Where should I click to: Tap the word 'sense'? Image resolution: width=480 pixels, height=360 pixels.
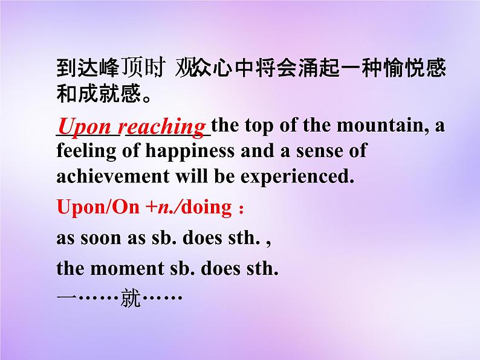coord(319,150)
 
